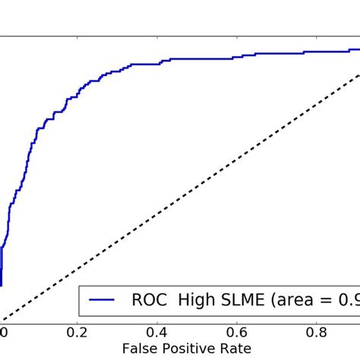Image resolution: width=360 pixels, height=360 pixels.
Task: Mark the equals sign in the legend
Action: pyautogui.click(x=328, y=302)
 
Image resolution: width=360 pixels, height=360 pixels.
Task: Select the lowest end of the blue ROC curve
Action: pyautogui.click(x=1, y=286)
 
